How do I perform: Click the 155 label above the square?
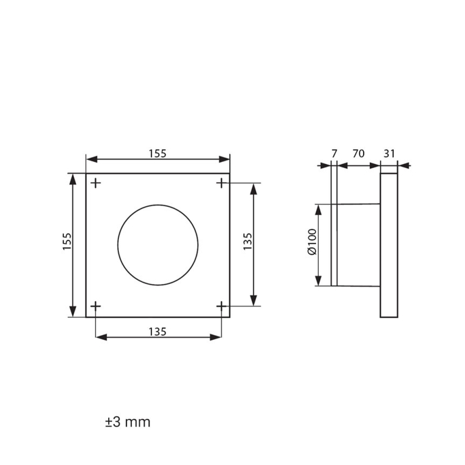point(157,153)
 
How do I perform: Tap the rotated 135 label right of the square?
point(247,244)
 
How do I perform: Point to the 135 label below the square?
point(157,332)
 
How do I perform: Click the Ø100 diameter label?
point(312,244)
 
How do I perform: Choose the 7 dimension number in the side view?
point(334,153)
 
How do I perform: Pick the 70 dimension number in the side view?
point(358,153)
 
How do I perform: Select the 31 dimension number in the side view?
point(389,153)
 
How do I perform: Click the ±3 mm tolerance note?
point(127,422)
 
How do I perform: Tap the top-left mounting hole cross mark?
point(95,183)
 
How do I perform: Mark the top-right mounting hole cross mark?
point(221,183)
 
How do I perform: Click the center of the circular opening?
point(158,244)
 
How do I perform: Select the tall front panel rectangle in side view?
point(389,245)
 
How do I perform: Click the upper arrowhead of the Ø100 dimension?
point(319,208)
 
